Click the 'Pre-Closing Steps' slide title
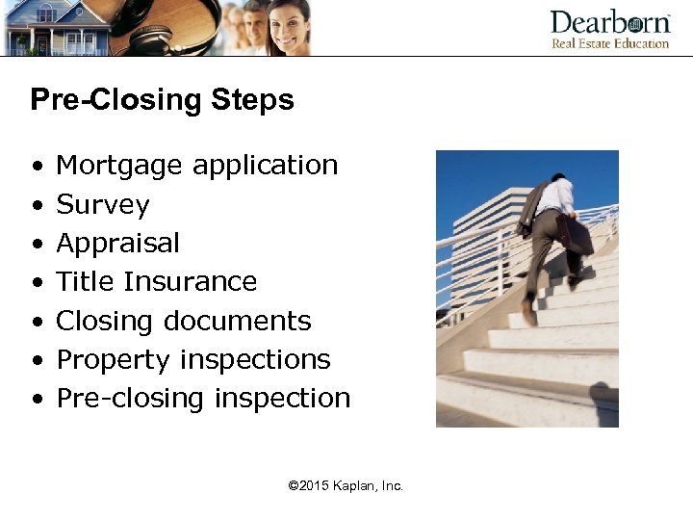(x=162, y=100)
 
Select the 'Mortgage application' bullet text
(x=197, y=166)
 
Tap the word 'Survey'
(x=103, y=205)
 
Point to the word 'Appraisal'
(x=117, y=244)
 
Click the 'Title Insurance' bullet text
(x=157, y=282)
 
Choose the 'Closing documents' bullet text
(x=184, y=321)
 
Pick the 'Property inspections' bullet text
(x=193, y=360)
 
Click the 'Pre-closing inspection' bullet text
(x=203, y=399)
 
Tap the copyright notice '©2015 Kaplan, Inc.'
(x=346, y=486)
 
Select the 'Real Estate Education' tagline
(x=609, y=43)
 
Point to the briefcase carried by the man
(x=574, y=234)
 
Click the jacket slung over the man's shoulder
(x=533, y=207)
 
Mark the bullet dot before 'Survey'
(x=36, y=206)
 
